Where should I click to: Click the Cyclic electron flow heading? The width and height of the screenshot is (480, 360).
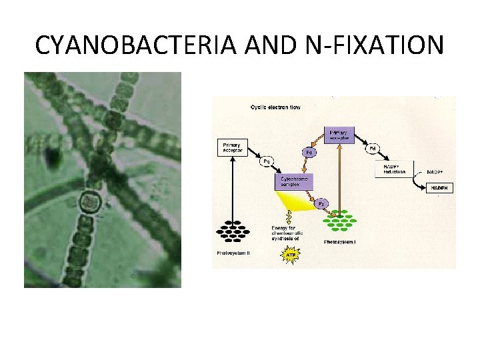[275, 108]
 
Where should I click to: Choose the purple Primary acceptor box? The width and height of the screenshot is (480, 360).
[339, 135]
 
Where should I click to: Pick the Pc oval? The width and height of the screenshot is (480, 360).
[321, 203]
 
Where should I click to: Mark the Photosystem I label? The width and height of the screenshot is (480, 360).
[339, 241]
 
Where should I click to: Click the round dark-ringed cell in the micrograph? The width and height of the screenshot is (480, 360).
[88, 201]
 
